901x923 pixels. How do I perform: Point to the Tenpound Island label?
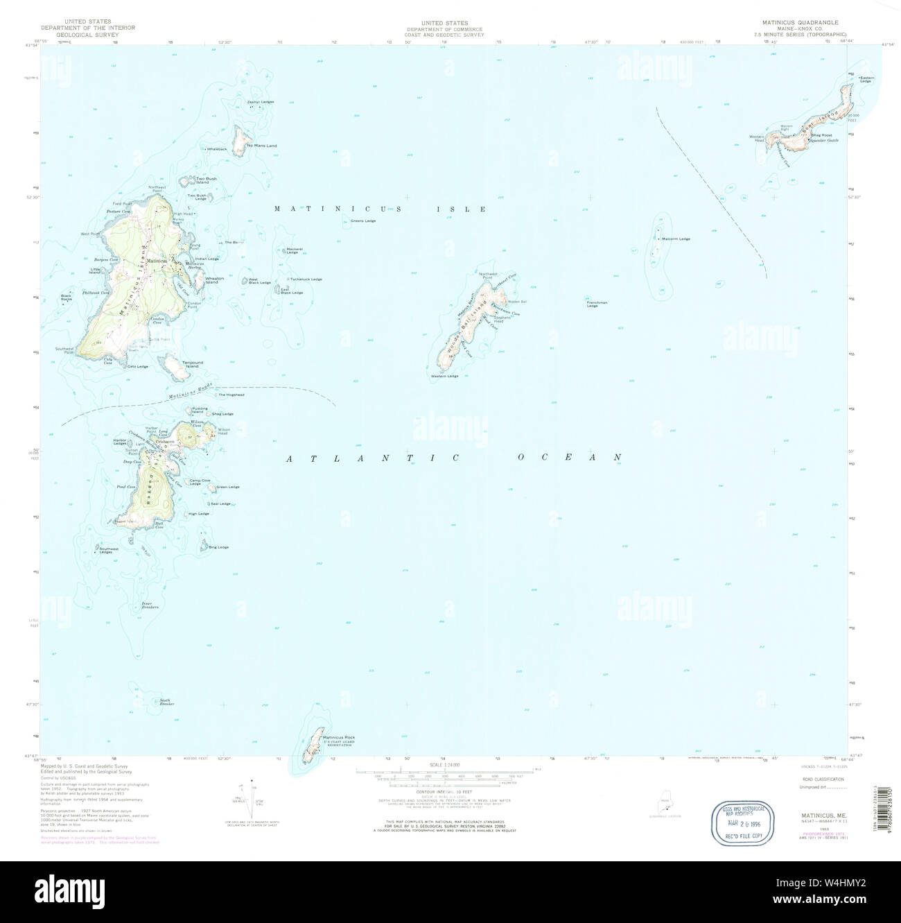coord(192,364)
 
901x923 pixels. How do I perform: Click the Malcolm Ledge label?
coord(676,239)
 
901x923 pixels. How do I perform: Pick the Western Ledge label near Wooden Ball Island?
coord(444,377)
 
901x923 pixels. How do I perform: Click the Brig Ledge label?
coord(218,547)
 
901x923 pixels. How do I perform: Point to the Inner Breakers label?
coord(150,605)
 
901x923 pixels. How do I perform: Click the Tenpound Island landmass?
coord(173,368)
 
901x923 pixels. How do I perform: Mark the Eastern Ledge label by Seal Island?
coord(866,79)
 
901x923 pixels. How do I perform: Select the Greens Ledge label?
coord(362,221)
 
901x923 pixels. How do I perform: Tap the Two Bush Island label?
coord(206,180)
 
